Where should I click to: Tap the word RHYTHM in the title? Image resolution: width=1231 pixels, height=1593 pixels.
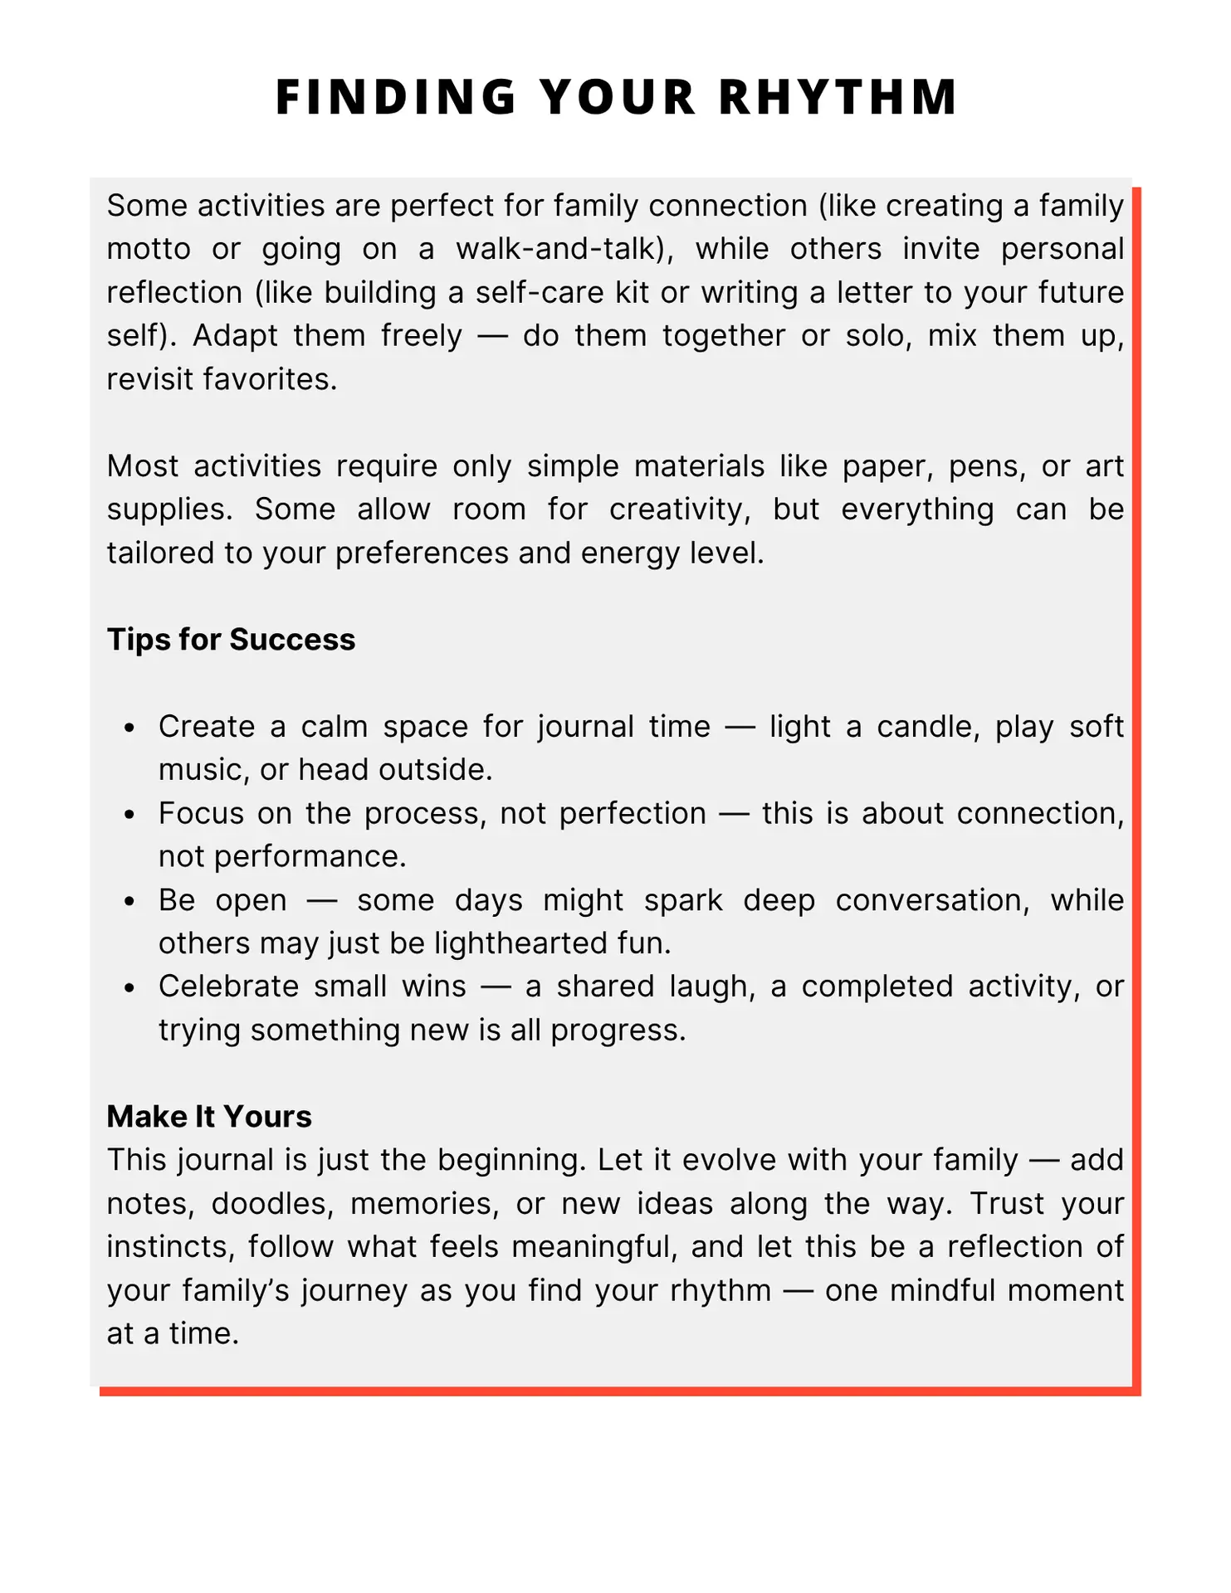coord(838,97)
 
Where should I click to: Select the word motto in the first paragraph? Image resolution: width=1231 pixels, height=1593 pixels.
coord(149,249)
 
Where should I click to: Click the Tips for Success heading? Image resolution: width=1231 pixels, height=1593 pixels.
coord(231,640)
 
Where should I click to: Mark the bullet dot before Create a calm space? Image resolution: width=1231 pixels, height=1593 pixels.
coord(129,728)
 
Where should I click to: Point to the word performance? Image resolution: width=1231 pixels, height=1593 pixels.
coord(310,856)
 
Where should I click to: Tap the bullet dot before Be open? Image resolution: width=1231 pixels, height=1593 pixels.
coord(129,902)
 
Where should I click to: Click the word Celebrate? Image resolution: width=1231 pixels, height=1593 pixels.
coord(228,986)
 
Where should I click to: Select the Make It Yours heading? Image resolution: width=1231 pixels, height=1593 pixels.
coord(209,1117)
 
